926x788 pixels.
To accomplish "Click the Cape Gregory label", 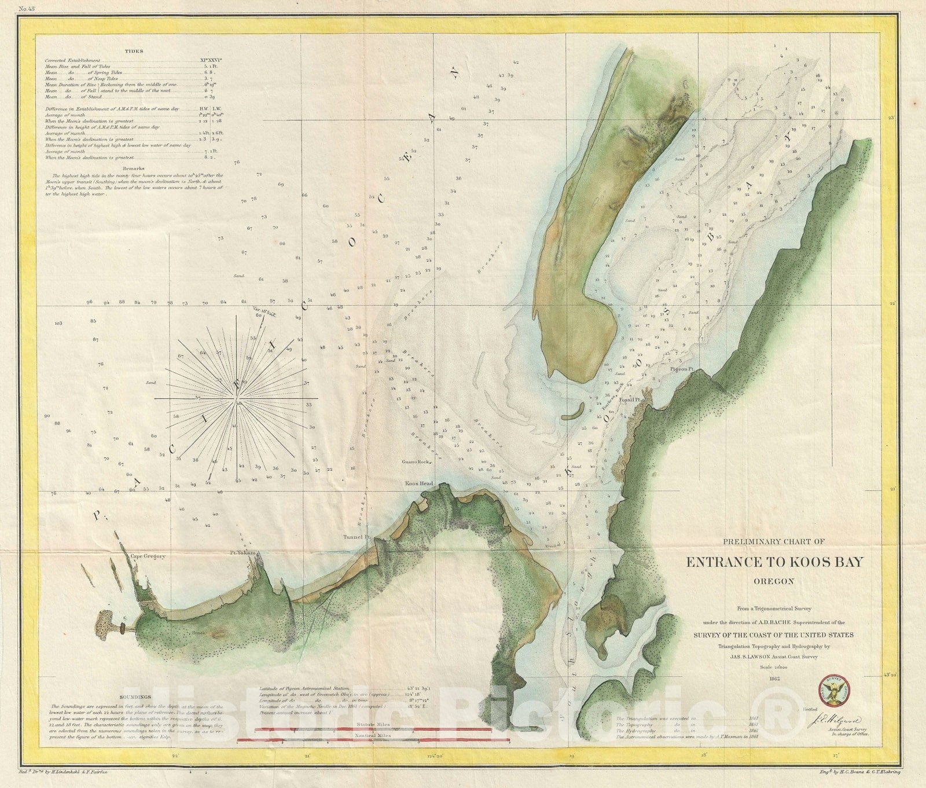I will (x=148, y=556).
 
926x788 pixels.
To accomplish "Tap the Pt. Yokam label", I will (x=242, y=554).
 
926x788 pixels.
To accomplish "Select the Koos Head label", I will (x=419, y=483).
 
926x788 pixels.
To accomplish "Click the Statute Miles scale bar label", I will (x=374, y=725).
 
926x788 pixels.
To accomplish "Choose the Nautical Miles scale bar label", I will (x=374, y=735).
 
